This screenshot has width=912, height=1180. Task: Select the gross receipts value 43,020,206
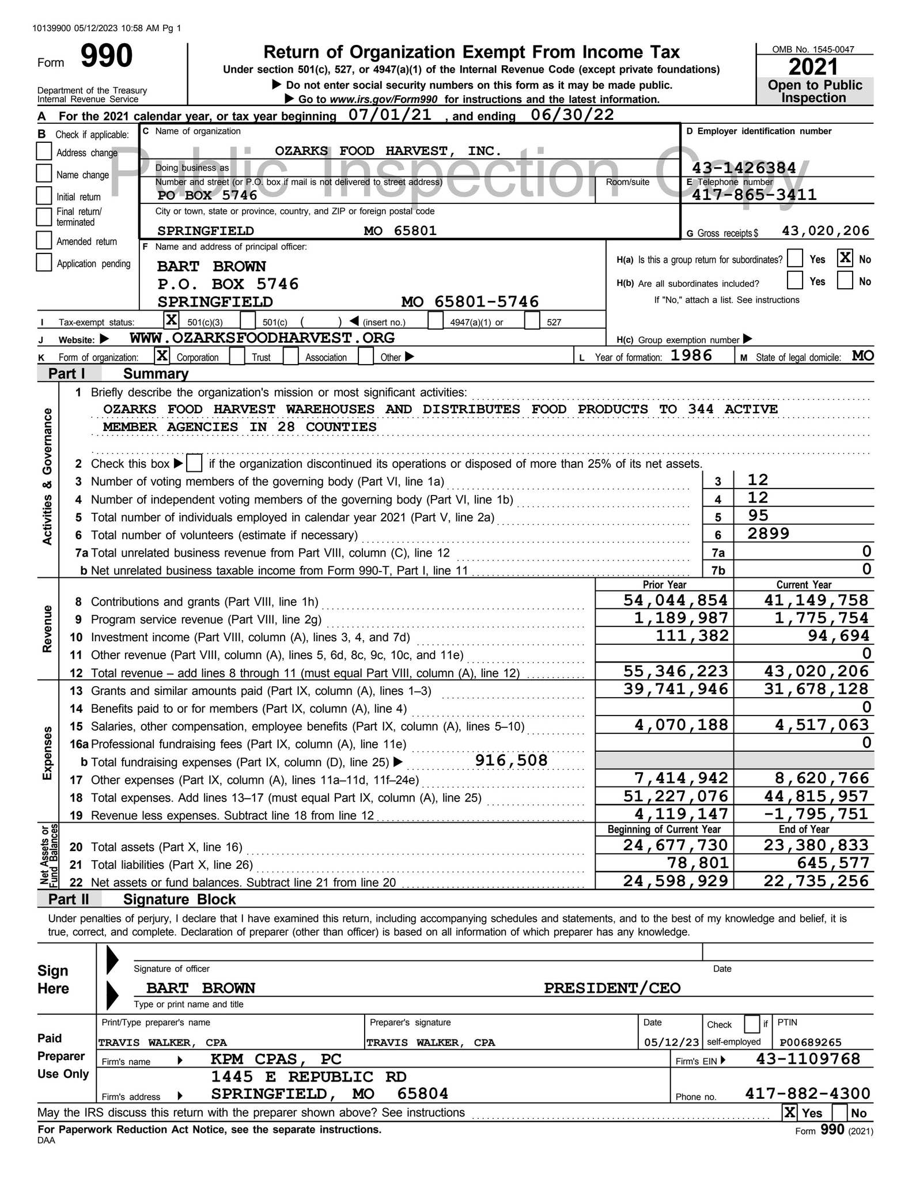825,230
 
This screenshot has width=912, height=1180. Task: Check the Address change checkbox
44,152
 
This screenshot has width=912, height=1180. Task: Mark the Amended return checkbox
44,240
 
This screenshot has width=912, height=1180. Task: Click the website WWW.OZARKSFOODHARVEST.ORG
262,338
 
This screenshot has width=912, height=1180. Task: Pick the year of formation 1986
691,355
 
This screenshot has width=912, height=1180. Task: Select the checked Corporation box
162,356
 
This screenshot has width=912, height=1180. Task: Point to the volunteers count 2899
768,534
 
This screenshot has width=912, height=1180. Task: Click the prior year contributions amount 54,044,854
675,600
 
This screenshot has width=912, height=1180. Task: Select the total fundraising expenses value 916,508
511,761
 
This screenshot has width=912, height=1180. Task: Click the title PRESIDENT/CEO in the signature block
612,988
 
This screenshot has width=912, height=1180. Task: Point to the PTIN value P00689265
810,1042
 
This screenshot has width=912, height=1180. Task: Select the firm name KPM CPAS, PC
276,1059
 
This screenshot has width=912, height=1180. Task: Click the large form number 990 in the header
106,56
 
